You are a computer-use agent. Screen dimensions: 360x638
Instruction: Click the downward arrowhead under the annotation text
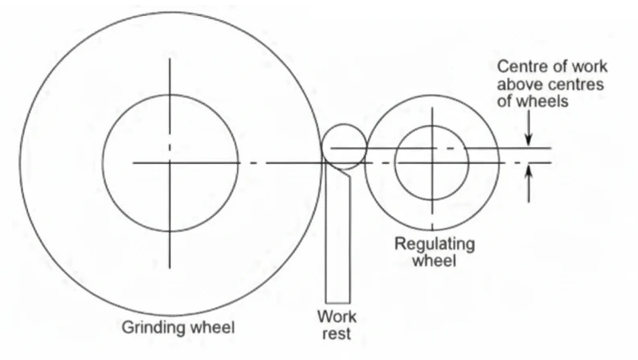528,141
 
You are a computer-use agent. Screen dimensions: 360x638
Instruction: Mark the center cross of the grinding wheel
170,162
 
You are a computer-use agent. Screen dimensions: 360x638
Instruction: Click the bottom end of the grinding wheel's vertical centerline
170,268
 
